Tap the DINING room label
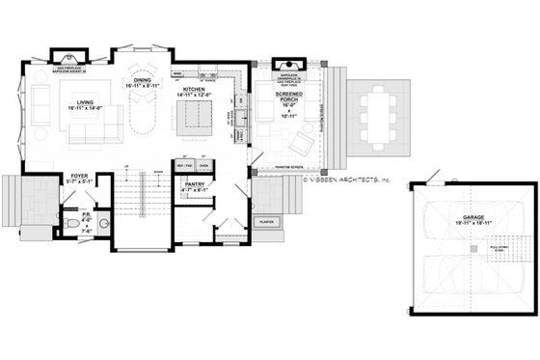142,83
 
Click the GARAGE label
472,218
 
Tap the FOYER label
78,178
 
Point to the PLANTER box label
266,222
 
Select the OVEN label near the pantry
204,165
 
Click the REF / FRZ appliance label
184,165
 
